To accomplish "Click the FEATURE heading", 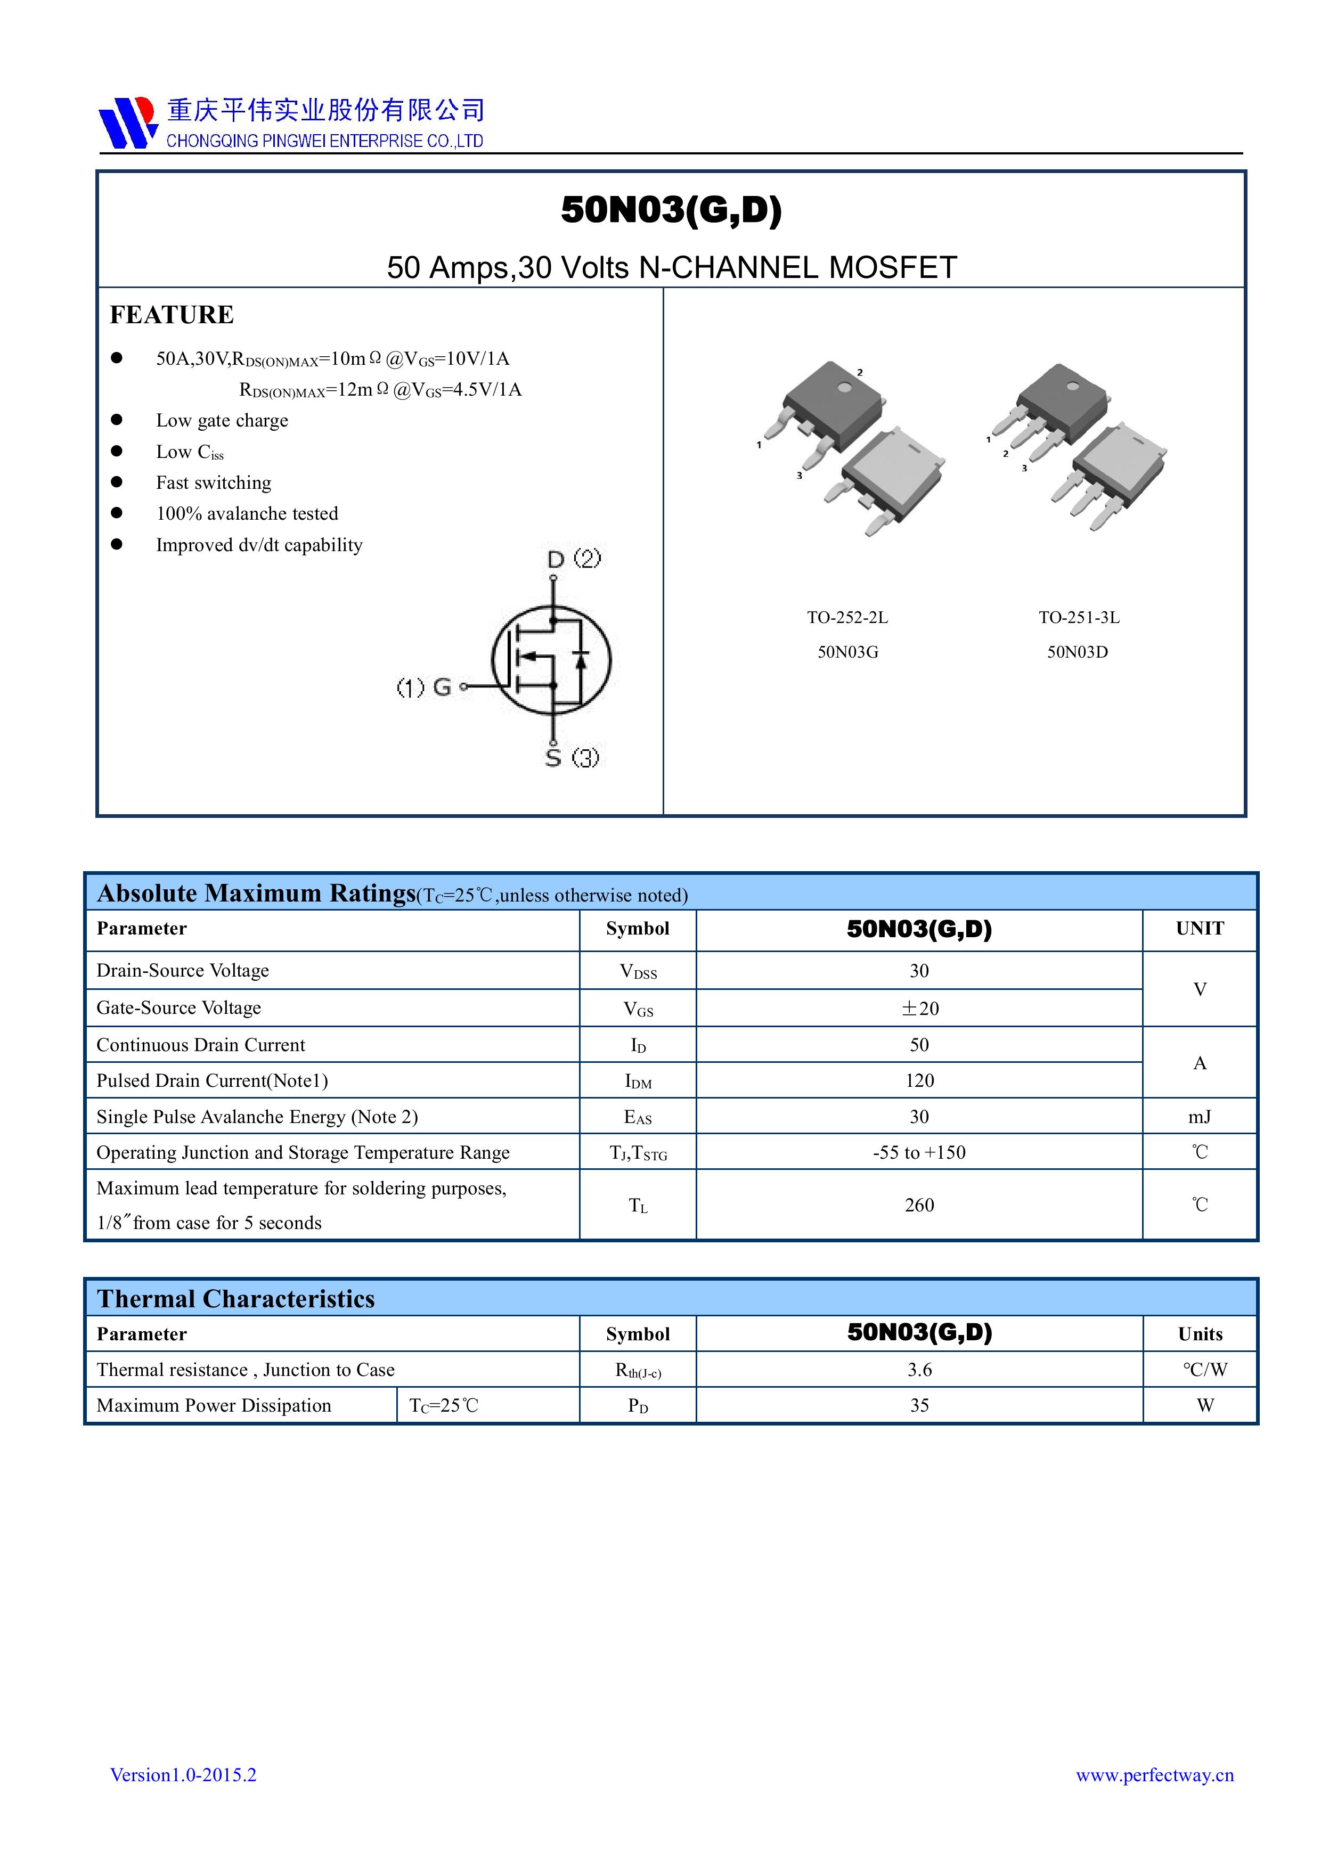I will (x=172, y=315).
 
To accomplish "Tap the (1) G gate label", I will (x=424, y=687).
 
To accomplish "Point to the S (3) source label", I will (x=572, y=757).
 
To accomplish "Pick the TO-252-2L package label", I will (x=847, y=618).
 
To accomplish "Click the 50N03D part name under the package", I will (x=1077, y=652).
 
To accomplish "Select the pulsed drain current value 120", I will (x=919, y=1080).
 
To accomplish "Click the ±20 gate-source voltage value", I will (x=919, y=1008).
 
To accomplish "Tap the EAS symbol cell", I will (x=637, y=1117).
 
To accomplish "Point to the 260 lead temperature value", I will (x=919, y=1205).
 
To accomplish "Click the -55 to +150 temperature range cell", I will (x=919, y=1152).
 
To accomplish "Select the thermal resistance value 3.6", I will (x=919, y=1370).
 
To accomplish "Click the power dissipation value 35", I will (x=919, y=1406).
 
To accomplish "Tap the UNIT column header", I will (x=1199, y=928).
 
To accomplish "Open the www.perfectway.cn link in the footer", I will (x=1154, y=1775).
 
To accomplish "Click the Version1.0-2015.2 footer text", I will (x=183, y=1775).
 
